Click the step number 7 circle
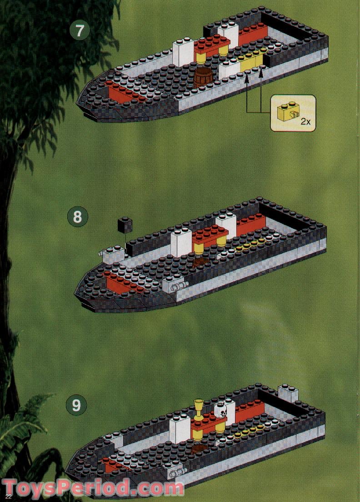80,31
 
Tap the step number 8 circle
78,217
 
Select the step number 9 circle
76,405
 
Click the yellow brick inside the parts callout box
286,111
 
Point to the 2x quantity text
305,122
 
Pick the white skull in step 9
220,411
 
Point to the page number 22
8,497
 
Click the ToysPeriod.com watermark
93,489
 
